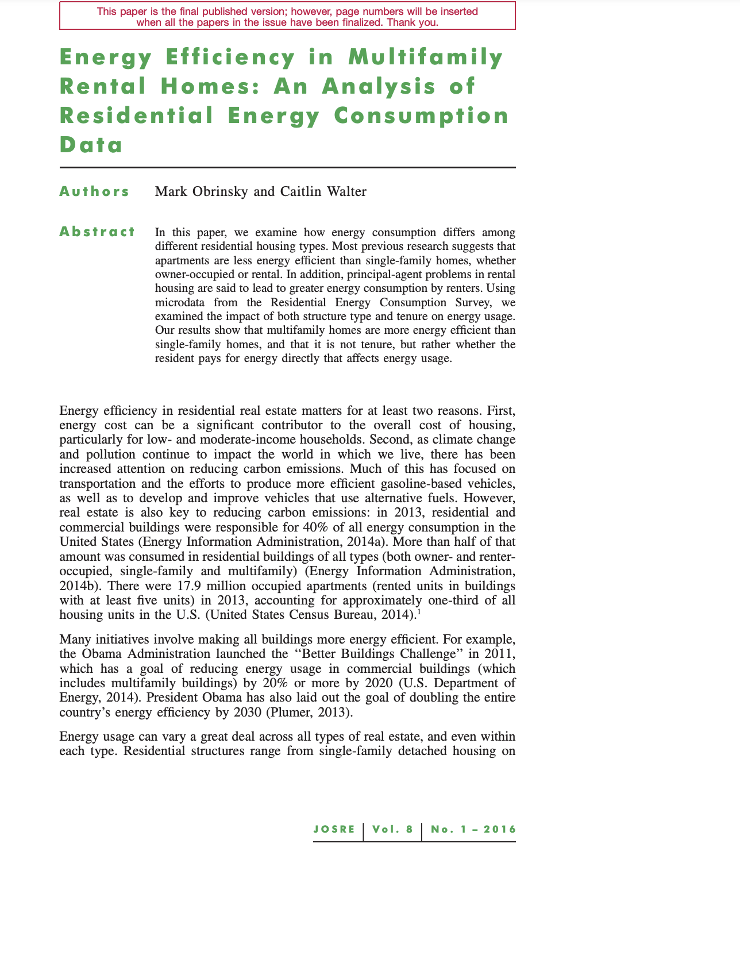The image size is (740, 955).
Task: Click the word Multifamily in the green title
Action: (x=426, y=57)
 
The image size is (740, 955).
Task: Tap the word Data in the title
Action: (x=91, y=144)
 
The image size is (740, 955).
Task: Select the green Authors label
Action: (x=95, y=191)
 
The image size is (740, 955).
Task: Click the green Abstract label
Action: (x=98, y=232)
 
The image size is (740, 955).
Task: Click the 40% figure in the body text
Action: (x=314, y=527)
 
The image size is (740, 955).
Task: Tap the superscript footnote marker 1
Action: (x=419, y=612)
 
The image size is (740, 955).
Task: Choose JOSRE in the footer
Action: (x=334, y=829)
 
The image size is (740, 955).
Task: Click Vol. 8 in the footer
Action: (x=392, y=829)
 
